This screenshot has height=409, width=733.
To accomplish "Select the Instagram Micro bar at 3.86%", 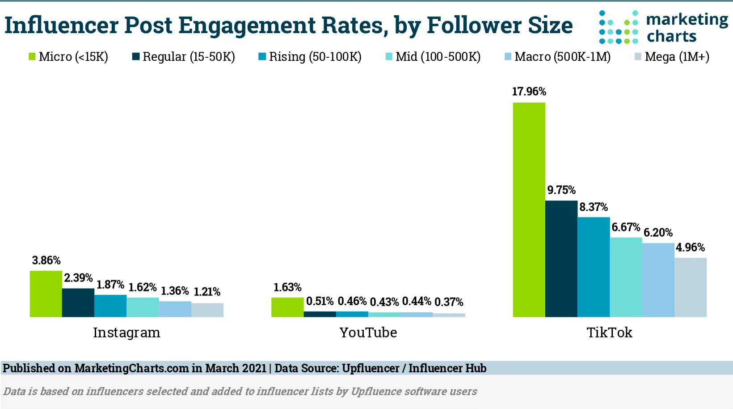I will [46, 294].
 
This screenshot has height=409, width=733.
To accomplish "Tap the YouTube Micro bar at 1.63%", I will [287, 307].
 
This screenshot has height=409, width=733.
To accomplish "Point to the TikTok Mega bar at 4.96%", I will [690, 287].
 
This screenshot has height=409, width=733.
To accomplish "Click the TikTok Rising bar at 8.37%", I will [594, 267].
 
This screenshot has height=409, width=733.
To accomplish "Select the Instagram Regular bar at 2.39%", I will [78, 302].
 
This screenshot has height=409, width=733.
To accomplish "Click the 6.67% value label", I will [626, 227].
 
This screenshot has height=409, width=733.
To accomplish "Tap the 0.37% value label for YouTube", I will [449, 302].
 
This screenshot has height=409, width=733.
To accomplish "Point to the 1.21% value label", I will [207, 292].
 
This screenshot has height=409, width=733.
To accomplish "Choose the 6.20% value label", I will [658, 233].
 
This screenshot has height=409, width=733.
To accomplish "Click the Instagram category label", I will [126, 332].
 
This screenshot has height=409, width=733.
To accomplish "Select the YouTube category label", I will [368, 332].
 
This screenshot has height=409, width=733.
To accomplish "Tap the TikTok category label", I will [609, 332].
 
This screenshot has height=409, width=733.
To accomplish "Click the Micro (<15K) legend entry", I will [68, 57].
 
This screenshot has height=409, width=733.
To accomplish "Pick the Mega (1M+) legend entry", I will [672, 57].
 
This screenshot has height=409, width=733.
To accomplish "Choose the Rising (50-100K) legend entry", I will [310, 57].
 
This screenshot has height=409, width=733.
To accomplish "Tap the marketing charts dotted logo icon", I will [619, 28].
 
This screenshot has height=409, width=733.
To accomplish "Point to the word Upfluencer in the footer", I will [371, 368].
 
